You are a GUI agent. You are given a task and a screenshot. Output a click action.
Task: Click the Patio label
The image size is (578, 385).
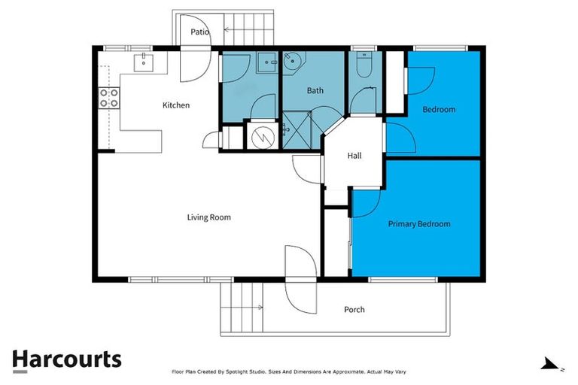click(199, 32)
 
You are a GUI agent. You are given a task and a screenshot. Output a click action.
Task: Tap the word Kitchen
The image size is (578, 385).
click(176, 105)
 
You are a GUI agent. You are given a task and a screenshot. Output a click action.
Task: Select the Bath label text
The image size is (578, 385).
click(315, 91)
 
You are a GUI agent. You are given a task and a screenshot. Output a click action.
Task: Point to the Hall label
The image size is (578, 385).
click(354, 156)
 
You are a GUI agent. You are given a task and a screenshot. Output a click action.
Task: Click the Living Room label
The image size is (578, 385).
click(208, 217)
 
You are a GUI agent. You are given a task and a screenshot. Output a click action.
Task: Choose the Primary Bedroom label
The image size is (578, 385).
click(418, 224)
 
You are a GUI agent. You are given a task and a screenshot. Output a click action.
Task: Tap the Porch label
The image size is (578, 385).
click(354, 310)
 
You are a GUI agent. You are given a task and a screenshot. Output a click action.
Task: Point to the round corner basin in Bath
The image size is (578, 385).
click(294, 62)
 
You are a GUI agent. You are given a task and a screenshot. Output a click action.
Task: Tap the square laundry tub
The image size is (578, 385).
click(264, 63)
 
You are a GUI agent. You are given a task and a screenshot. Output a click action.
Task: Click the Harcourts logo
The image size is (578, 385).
click(66, 359)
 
